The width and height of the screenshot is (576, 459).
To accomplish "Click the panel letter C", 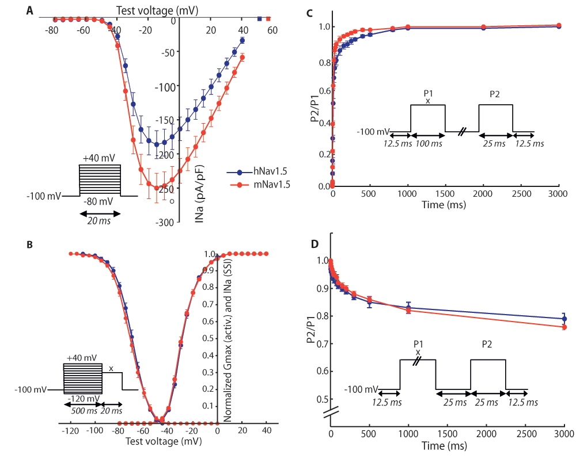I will coord(310,13).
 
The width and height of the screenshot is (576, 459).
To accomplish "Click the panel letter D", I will coord(314,244).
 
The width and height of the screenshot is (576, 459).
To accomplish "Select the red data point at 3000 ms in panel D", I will coord(564,327).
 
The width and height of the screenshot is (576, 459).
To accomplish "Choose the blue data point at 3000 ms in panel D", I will coord(564,319).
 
